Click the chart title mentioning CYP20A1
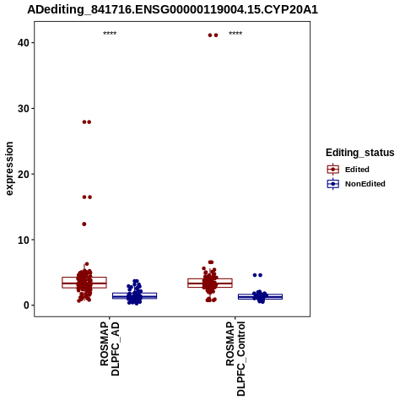(172, 10)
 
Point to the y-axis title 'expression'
(9, 169)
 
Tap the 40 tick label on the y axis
(24, 43)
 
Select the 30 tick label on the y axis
(24, 109)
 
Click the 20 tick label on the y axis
(24, 174)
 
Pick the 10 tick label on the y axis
(24, 240)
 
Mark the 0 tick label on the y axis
(26, 305)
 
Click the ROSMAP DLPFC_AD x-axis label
(110, 349)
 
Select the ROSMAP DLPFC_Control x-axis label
(235, 359)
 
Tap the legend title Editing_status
(360, 153)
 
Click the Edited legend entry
(357, 170)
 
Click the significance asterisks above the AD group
(110, 33)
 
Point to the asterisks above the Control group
(235, 33)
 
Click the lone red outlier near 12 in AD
(84, 224)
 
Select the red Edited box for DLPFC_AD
(84, 283)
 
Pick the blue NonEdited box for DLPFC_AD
(134, 295)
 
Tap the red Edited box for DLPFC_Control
(210, 283)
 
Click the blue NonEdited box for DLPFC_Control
(260, 296)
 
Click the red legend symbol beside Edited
(333, 170)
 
